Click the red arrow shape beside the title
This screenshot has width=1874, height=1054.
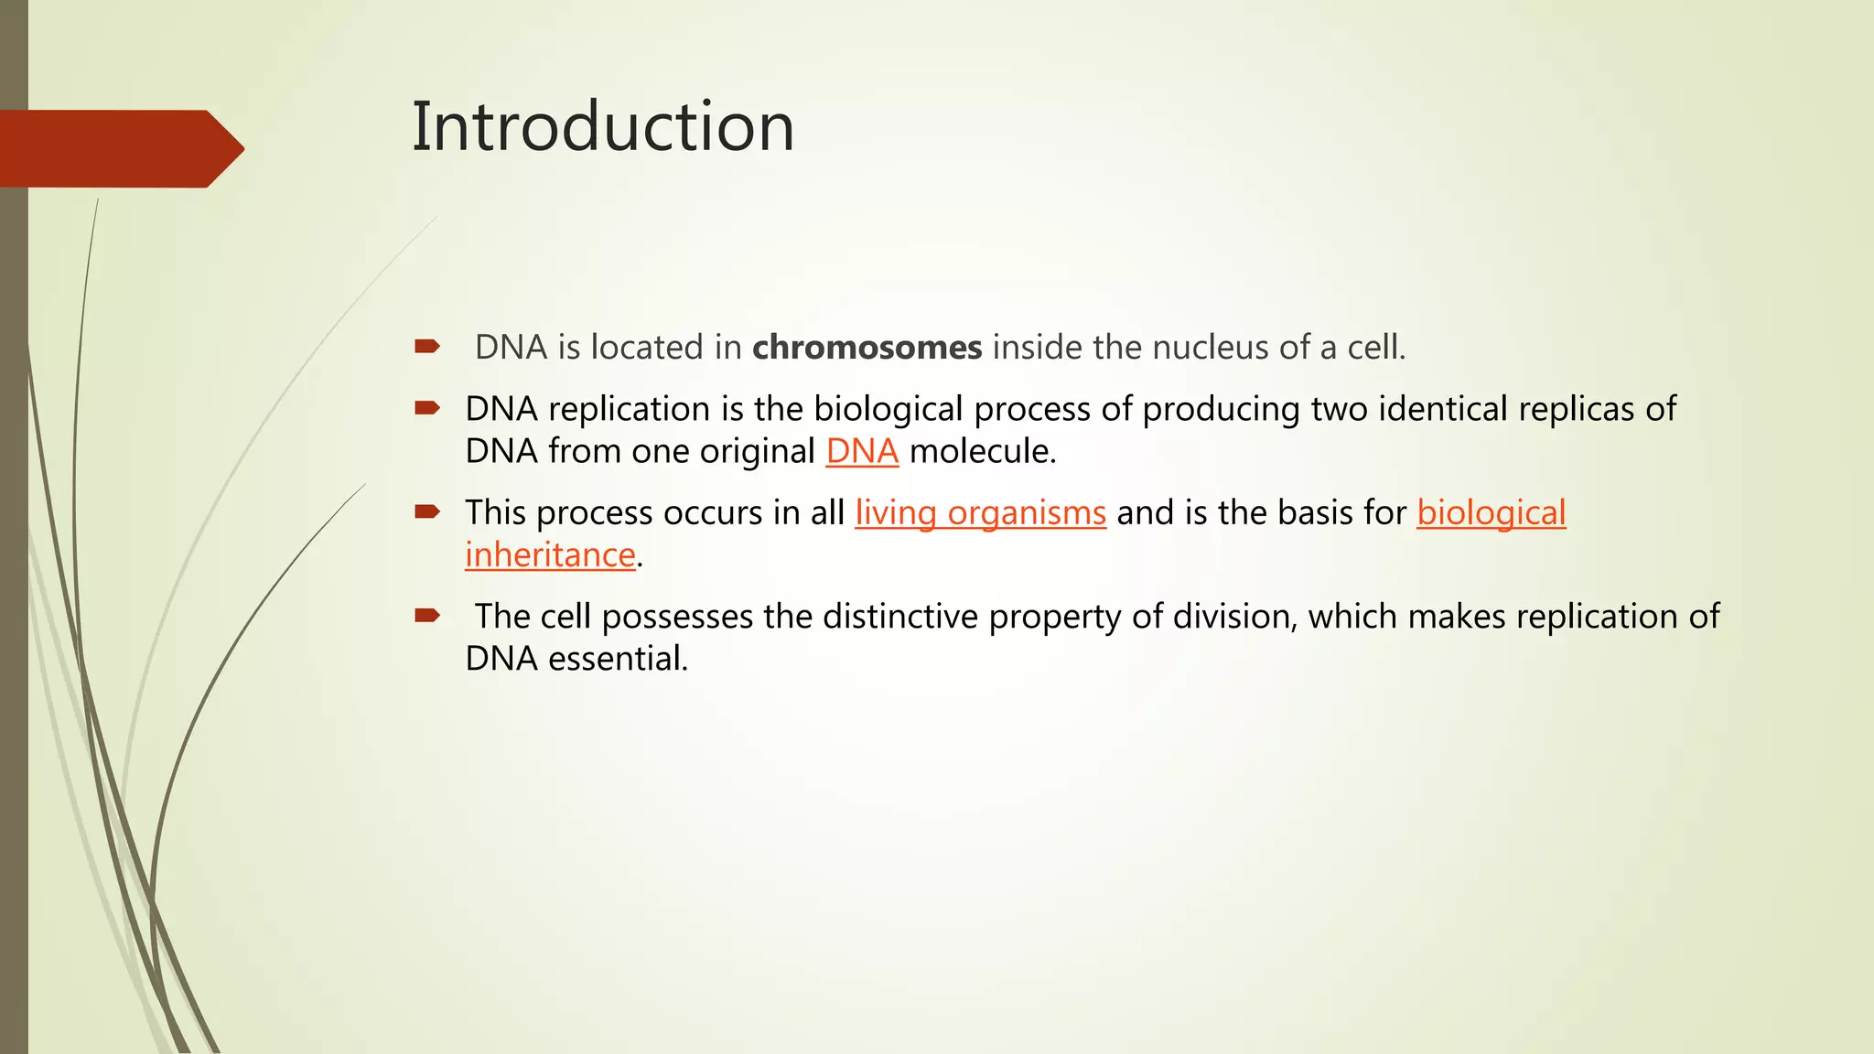[x=119, y=148]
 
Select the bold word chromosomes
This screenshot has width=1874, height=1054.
[x=867, y=348]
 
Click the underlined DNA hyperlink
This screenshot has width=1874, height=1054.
[x=861, y=452]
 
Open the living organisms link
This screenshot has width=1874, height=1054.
[x=980, y=513]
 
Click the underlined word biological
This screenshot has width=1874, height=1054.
[x=1491, y=513]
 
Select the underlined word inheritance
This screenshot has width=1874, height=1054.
[x=550, y=555]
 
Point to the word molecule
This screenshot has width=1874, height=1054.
[x=982, y=452]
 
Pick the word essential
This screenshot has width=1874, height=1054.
[x=618, y=659]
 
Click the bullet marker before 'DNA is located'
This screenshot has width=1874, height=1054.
[x=427, y=347]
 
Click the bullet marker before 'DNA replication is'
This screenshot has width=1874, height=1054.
[x=427, y=408]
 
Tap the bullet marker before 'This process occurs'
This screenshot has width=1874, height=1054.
[x=427, y=512]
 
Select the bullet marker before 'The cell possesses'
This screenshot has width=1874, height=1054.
[x=427, y=616]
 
